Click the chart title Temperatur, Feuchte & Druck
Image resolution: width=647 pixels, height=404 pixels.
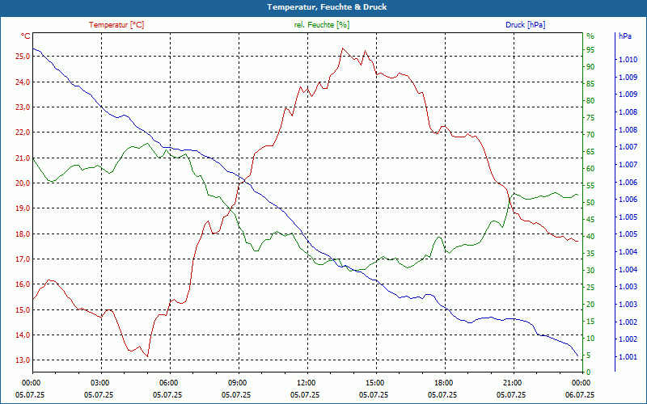coord(323,6)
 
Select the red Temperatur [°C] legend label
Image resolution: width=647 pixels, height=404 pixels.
coord(116,25)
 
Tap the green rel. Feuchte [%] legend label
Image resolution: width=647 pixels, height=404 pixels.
coord(322,25)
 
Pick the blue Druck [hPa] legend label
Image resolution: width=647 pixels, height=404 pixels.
coord(525,25)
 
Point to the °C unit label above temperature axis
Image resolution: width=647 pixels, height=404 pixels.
coord(26,36)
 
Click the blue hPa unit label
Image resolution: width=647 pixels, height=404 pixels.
coord(625,36)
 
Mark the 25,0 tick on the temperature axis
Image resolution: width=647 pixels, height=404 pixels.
coord(22,57)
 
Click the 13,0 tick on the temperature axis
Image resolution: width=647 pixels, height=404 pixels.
coord(22,360)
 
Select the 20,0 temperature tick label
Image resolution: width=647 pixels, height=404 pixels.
coord(22,183)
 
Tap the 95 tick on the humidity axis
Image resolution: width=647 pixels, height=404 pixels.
coord(590,49)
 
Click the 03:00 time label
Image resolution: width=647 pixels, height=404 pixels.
coord(100,383)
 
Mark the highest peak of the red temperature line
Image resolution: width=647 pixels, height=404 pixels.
coord(343,48)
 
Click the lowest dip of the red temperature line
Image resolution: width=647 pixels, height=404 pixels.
coord(147,356)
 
